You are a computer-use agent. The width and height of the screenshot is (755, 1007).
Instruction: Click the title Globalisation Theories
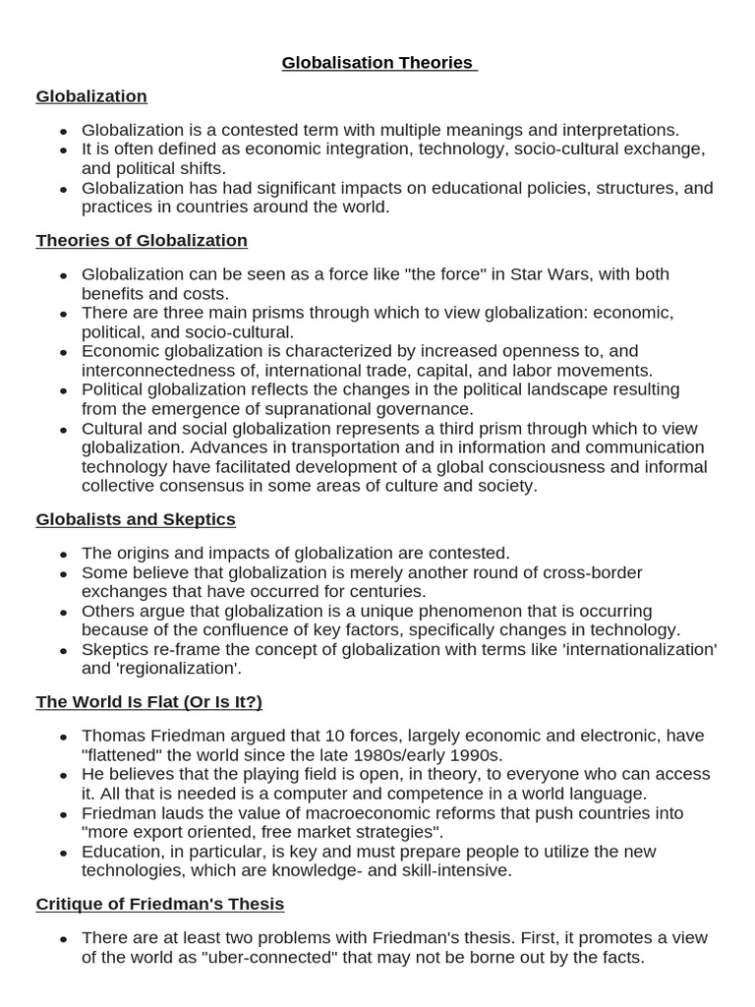click(x=377, y=63)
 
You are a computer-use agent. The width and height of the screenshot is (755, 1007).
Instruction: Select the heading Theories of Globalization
click(x=142, y=241)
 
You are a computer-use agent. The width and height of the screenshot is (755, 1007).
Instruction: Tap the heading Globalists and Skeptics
click(x=136, y=519)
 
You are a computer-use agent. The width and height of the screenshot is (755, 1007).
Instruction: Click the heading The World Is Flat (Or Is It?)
click(x=148, y=702)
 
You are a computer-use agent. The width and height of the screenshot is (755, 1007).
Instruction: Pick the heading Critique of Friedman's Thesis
click(x=159, y=904)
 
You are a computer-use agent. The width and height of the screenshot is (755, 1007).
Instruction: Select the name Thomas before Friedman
click(x=113, y=736)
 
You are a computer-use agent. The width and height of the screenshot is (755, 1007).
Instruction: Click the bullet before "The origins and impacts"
click(x=64, y=555)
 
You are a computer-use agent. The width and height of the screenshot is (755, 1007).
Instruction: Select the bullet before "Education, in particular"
click(x=64, y=853)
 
